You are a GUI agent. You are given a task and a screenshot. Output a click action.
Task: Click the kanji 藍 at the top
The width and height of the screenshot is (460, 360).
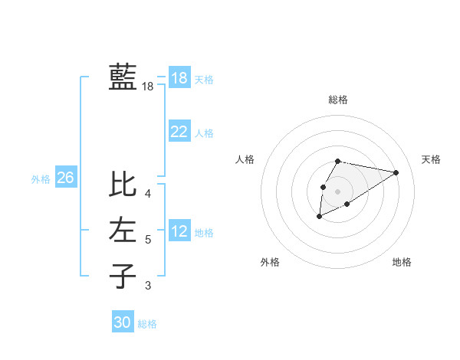pos(123,77)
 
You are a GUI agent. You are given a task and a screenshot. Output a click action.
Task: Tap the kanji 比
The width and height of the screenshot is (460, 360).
pos(123,185)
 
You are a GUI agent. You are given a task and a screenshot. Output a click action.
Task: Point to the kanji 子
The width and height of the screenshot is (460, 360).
pos(123,276)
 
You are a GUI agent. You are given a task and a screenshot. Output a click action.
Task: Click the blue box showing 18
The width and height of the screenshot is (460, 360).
pos(179,78)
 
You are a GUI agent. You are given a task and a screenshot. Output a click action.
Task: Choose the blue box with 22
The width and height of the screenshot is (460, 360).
pos(179,132)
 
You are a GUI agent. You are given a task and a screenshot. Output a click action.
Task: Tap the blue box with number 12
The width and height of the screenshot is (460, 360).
pos(179,231)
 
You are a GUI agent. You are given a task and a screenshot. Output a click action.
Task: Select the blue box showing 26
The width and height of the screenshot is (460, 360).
pos(65,178)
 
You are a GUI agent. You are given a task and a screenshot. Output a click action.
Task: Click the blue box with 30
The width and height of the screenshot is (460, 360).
pos(123,322)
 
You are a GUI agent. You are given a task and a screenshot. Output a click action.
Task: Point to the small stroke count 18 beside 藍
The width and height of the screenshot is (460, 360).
pos(148,87)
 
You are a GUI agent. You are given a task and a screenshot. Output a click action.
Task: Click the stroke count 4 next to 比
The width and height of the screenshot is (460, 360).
pos(148,193)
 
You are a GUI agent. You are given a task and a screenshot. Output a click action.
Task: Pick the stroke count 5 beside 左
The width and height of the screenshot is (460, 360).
pos(148,240)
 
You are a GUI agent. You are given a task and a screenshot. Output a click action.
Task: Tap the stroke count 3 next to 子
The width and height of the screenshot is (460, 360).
pos(148,286)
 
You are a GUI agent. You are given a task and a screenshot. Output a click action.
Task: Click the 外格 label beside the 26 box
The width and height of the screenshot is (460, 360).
pos(41,179)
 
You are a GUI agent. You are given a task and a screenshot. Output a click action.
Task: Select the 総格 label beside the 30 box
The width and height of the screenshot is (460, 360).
pos(147,324)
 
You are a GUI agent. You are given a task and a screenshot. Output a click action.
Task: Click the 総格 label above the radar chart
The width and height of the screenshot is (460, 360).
pos(338,100)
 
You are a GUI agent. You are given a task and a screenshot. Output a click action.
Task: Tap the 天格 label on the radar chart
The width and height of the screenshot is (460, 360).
pos(431,159)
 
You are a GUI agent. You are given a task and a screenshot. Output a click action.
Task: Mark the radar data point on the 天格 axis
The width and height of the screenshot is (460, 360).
pos(396,172)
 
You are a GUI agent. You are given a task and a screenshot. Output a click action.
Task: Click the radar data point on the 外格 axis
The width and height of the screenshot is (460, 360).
pos(320,217)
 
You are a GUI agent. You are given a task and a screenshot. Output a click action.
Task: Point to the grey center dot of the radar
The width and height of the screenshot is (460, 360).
pos(338,191)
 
